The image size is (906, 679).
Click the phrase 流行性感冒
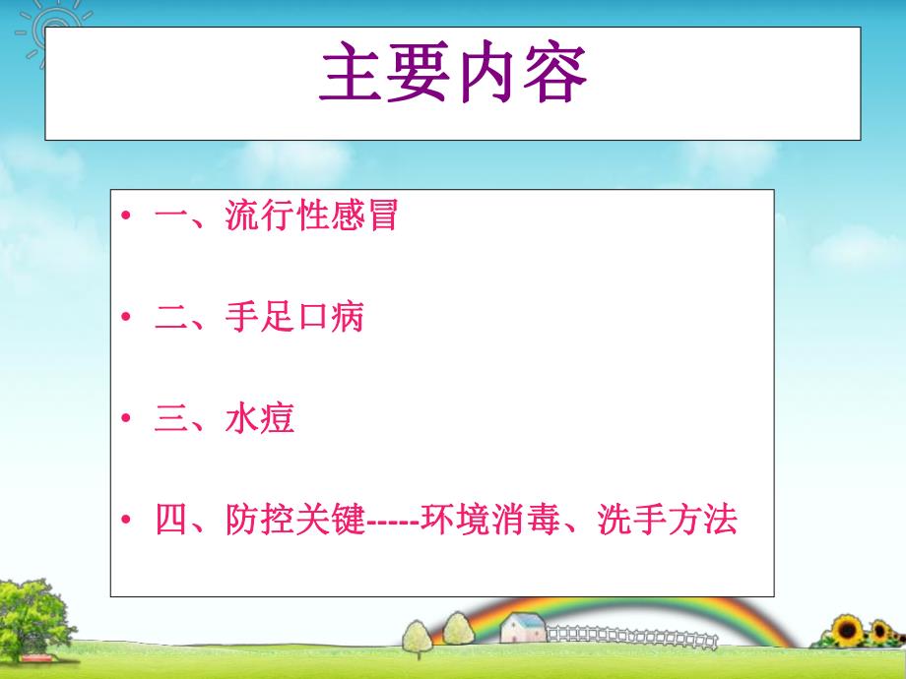(x=311, y=216)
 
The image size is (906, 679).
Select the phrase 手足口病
(x=294, y=318)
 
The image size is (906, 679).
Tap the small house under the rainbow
(x=522, y=627)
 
